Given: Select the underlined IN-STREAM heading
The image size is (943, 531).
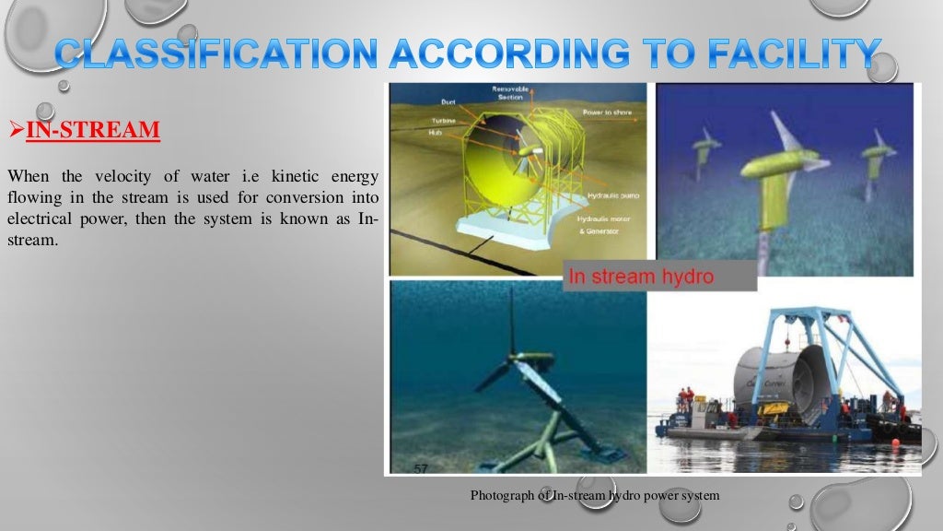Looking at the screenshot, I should [x=92, y=129].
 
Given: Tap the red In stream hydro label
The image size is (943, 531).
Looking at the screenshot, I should [x=641, y=276].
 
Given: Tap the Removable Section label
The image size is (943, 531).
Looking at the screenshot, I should [x=507, y=92].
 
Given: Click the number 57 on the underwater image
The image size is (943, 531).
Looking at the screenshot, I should [x=421, y=468].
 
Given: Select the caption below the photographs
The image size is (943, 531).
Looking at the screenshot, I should [x=594, y=496].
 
